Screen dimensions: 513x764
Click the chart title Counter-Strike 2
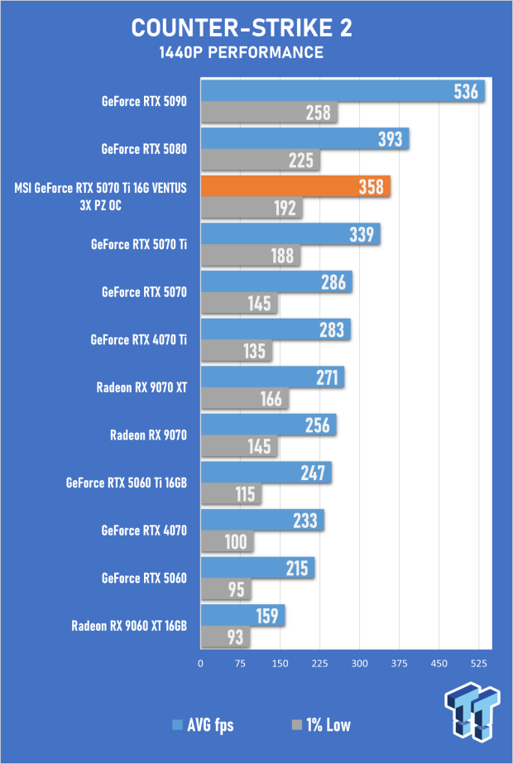pyautogui.click(x=242, y=28)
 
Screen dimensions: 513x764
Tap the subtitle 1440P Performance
pyautogui.click(x=241, y=53)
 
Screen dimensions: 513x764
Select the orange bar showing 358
pyautogui.click(x=295, y=186)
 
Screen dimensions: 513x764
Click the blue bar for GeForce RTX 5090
pyautogui.click(x=343, y=91)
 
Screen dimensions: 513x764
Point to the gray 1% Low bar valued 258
pyautogui.click(x=269, y=113)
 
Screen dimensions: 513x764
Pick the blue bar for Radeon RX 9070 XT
pyautogui.click(x=272, y=377)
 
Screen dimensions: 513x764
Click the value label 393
pyautogui.click(x=391, y=139)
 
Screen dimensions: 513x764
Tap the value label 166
pyautogui.click(x=271, y=399)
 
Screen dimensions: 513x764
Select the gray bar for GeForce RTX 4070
pyautogui.click(x=227, y=542)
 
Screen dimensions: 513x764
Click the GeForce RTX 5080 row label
pyautogui.click(x=144, y=149)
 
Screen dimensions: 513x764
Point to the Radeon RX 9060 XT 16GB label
pyautogui.click(x=129, y=626)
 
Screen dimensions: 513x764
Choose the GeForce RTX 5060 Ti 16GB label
pyautogui.click(x=126, y=483)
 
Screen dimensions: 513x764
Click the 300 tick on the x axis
pyautogui.click(x=360, y=663)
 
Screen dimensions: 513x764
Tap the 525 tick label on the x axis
pyautogui.click(x=479, y=663)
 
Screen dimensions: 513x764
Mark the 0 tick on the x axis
pyautogui.click(x=201, y=663)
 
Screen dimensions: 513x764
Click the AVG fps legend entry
pyautogui.click(x=203, y=725)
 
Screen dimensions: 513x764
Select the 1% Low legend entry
pyautogui.click(x=320, y=725)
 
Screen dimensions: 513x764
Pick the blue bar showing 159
pyautogui.click(x=242, y=616)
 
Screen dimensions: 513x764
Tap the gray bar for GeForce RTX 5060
pyautogui.click(x=226, y=589)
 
